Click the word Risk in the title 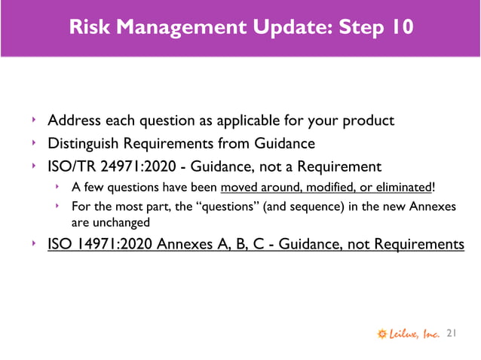[88, 28]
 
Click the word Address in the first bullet [74, 121]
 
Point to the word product [369, 121]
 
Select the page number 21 [452, 332]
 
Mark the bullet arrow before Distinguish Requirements [34, 142]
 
